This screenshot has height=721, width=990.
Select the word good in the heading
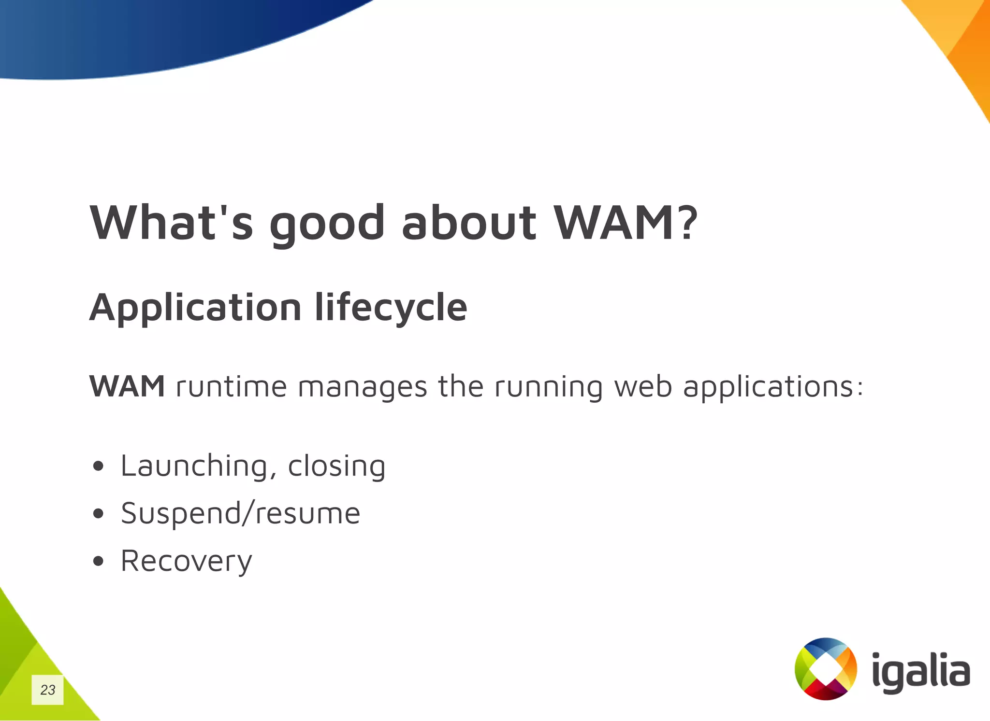point(327,225)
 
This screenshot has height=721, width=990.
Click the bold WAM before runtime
point(127,386)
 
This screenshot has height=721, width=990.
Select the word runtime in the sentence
point(232,387)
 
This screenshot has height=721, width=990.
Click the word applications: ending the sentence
point(772,387)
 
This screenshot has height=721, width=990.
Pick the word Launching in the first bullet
point(194,467)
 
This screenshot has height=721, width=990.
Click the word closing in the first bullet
point(336,467)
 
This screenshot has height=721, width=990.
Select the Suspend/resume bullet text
point(240,514)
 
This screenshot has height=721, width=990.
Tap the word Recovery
point(186,562)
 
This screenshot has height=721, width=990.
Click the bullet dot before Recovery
point(99,561)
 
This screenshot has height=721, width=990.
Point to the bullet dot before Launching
point(99,466)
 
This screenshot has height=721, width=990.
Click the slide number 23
point(47,690)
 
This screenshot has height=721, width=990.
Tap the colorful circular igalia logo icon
point(826,669)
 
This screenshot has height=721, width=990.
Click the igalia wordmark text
point(921,671)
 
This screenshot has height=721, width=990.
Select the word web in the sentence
point(643,387)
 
